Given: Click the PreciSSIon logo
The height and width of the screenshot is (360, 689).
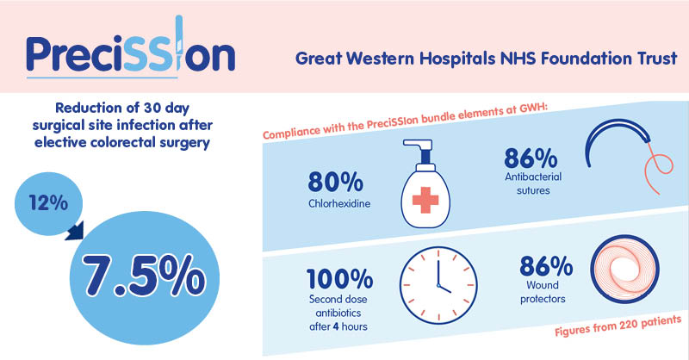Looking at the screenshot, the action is pyautogui.click(x=131, y=47).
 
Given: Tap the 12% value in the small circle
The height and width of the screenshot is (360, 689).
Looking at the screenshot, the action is pyautogui.click(x=48, y=203).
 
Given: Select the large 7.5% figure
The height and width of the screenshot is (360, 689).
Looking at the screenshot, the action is pyautogui.click(x=143, y=276).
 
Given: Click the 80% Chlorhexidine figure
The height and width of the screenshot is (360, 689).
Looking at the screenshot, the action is pyautogui.click(x=336, y=182).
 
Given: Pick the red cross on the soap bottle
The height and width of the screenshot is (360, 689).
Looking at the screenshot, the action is pyautogui.click(x=425, y=200).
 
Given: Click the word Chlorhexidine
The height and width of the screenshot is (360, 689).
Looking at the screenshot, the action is pyautogui.click(x=339, y=204).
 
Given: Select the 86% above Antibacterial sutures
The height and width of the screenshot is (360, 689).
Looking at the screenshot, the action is pyautogui.click(x=531, y=158).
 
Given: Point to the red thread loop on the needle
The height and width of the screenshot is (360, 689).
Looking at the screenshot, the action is pyautogui.click(x=658, y=168).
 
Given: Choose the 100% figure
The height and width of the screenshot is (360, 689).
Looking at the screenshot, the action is pyautogui.click(x=339, y=279).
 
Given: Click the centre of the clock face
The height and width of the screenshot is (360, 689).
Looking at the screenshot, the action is pyautogui.click(x=438, y=285).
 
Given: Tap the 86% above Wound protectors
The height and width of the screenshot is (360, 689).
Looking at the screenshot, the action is pyautogui.click(x=546, y=265).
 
